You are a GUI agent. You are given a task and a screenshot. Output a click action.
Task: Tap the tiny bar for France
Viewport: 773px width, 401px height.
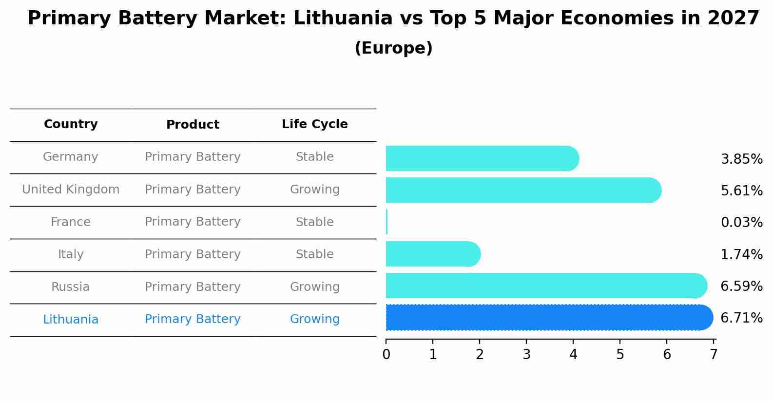(386, 222)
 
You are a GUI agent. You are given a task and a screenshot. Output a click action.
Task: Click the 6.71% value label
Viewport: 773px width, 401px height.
(741, 318)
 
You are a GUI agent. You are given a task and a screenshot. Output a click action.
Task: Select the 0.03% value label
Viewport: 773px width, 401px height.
(741, 223)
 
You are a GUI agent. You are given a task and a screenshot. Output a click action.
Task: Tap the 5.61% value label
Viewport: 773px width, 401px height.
(741, 191)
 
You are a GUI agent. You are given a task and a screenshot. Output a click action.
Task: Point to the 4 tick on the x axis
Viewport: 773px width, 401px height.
(573, 354)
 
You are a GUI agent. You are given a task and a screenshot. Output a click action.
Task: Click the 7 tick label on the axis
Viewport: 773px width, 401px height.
(714, 354)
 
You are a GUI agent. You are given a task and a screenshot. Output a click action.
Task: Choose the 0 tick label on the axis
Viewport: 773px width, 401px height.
(386, 354)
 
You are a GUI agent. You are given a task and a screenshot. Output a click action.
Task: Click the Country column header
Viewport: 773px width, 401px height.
(71, 124)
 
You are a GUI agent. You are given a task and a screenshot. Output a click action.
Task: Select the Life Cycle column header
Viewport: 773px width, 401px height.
(314, 124)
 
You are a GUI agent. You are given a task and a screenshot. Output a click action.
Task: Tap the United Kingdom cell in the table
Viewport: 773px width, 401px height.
(71, 190)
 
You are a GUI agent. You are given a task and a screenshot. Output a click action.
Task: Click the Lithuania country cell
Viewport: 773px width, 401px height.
(71, 320)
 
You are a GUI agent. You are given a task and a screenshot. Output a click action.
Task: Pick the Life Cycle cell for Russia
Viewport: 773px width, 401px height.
(314, 287)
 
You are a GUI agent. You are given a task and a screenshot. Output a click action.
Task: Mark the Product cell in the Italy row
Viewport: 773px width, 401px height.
(193, 254)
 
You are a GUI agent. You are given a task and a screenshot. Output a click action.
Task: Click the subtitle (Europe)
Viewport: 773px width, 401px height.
(393, 48)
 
